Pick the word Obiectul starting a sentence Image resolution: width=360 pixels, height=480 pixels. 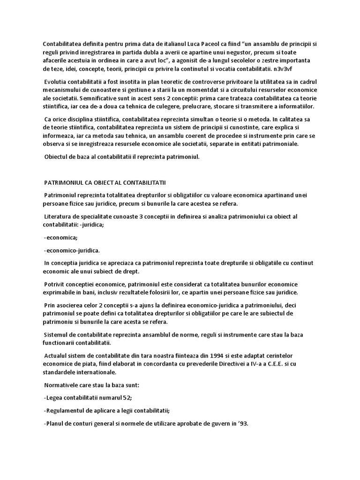click(57, 156)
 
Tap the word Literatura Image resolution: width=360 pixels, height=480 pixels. click(60, 216)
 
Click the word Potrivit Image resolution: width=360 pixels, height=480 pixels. click(56, 285)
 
